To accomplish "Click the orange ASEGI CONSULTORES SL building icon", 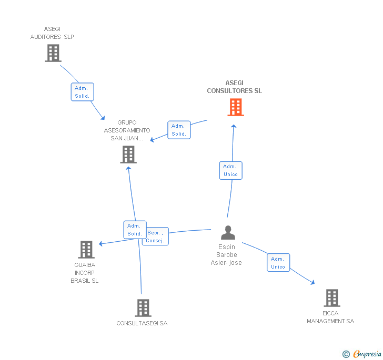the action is [x=235, y=107].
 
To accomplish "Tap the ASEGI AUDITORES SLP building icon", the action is [x=53, y=53].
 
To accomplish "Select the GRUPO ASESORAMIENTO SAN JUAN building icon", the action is [x=128, y=155].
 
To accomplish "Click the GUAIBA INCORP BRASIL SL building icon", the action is [x=86, y=250].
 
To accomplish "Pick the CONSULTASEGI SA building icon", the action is [x=143, y=308].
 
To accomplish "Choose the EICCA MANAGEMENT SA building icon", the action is [x=331, y=298].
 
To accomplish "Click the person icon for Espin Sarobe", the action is [x=228, y=232].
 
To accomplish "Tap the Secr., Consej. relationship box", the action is [x=156, y=236].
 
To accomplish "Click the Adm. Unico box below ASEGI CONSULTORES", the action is [x=230, y=170].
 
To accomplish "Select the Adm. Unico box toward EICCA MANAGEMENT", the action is [x=278, y=263].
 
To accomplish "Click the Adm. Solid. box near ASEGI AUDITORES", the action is [x=82, y=92].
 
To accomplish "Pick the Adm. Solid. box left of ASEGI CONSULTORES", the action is [x=179, y=130].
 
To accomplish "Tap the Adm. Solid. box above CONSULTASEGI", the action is [x=134, y=230].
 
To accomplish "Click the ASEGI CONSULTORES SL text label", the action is [x=234, y=87].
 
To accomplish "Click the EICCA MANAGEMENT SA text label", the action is [x=330, y=317].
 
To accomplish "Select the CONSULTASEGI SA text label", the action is [x=142, y=323].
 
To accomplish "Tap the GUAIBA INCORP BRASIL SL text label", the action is [x=85, y=273].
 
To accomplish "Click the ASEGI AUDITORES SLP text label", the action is [x=52, y=33].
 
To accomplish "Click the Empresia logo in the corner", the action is [x=362, y=354].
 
